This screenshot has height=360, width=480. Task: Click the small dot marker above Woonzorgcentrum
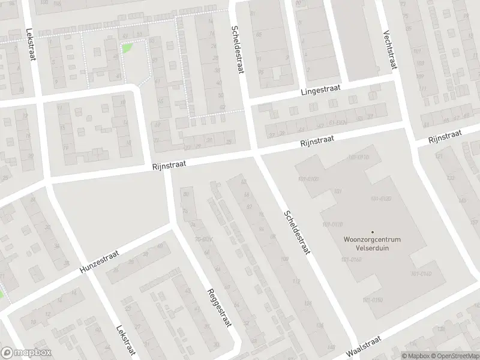pos(372,232)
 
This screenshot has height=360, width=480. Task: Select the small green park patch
pos(127,48)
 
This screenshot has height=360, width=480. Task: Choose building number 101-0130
pos(380,199)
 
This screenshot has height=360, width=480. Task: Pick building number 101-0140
pos(421,274)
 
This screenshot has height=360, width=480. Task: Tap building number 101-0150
pos(372,299)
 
